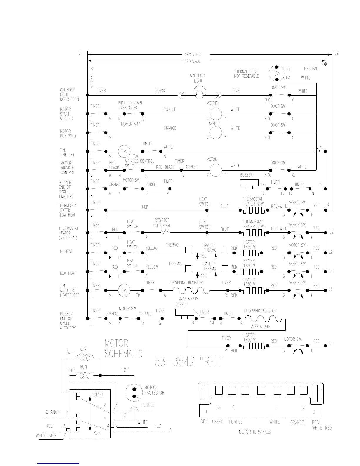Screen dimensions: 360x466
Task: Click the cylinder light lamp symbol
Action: (x=200, y=93)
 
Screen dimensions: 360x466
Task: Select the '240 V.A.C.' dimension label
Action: (x=193, y=55)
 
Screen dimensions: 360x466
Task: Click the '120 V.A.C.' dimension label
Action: (x=193, y=61)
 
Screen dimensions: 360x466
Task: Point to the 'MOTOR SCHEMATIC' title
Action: (x=123, y=348)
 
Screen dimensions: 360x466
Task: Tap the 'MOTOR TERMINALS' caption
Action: (x=255, y=432)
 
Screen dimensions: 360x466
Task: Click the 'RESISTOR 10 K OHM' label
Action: (x=162, y=223)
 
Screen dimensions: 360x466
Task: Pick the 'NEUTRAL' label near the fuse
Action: (x=311, y=69)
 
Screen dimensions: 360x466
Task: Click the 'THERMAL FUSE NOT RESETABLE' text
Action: (x=246, y=74)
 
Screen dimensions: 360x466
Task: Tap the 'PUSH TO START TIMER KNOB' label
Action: (x=130, y=105)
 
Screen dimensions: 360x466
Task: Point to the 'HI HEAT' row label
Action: (x=66, y=251)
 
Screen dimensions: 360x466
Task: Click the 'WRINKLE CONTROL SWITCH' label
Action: (x=139, y=163)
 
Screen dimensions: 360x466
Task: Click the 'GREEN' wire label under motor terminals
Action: (x=218, y=422)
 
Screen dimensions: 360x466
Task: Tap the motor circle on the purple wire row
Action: (x=215, y=114)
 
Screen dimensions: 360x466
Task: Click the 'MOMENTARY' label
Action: (x=130, y=124)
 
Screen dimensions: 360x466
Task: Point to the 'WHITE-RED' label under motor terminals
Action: (x=322, y=428)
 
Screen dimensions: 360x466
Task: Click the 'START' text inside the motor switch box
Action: (x=98, y=395)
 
